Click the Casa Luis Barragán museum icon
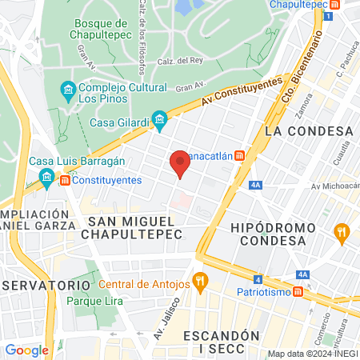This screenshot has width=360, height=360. pyautogui.click(x=47, y=175)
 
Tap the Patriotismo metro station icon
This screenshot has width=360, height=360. pyautogui.click(x=298, y=292)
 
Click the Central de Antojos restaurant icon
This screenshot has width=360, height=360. pyautogui.click(x=200, y=282)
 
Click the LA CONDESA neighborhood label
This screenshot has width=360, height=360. pyautogui.click(x=308, y=130)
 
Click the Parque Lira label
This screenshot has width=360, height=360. pyautogui.click(x=90, y=302)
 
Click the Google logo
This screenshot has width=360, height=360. pyautogui.click(x=26, y=350)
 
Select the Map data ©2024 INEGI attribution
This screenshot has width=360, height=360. pyautogui.click(x=312, y=354)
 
